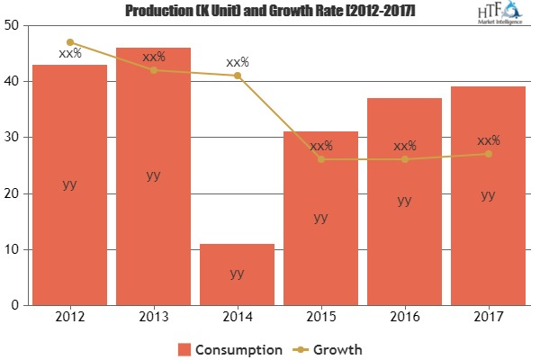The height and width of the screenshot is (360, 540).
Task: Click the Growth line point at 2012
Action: coord(69,42)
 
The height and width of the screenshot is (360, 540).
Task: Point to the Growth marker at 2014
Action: coord(238,76)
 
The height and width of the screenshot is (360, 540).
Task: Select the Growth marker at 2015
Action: coord(321,159)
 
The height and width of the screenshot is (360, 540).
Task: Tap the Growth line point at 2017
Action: coord(489,154)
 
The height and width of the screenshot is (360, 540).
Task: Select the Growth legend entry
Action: coord(332,348)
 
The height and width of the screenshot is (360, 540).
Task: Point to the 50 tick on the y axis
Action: coord(14,25)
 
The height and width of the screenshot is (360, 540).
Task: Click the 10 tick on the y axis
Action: coord(14,249)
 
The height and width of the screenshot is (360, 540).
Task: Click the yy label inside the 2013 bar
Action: coord(153,175)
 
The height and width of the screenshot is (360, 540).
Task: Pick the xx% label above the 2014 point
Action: coord(238,62)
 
